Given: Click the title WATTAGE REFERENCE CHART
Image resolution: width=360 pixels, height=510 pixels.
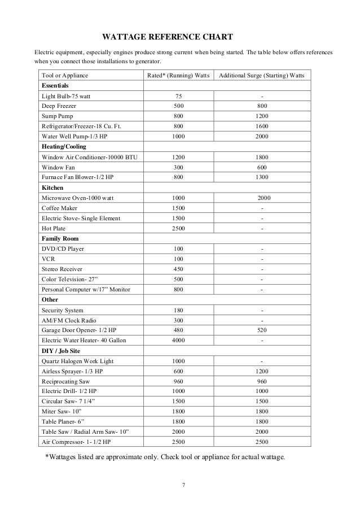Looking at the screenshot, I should coord(167,38).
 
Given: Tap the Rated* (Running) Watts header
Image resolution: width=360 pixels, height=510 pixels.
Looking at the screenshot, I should coord(178,75).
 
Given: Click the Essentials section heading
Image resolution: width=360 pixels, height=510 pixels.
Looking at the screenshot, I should coord(55,85).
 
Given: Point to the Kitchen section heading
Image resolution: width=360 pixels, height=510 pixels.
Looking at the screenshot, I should coord(52,187).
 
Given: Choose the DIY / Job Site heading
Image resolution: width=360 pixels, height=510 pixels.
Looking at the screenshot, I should coord(62,351).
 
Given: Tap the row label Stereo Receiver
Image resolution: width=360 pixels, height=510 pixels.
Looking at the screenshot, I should coord(64,269).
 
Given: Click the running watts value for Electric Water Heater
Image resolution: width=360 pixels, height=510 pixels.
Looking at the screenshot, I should coord(178,341).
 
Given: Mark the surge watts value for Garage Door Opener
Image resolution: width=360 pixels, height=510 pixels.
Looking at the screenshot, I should coord(261,330).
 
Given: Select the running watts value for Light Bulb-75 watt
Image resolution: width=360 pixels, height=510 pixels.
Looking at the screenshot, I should coord(178,95).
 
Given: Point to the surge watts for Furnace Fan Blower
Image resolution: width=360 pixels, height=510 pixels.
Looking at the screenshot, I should coord(261,177).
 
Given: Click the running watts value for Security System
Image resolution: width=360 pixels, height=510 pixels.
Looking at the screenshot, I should coord(178,310).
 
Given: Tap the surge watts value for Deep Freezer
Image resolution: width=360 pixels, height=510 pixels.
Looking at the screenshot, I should coord(261,106).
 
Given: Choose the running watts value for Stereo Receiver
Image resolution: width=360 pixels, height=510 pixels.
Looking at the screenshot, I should coord(178,269).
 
